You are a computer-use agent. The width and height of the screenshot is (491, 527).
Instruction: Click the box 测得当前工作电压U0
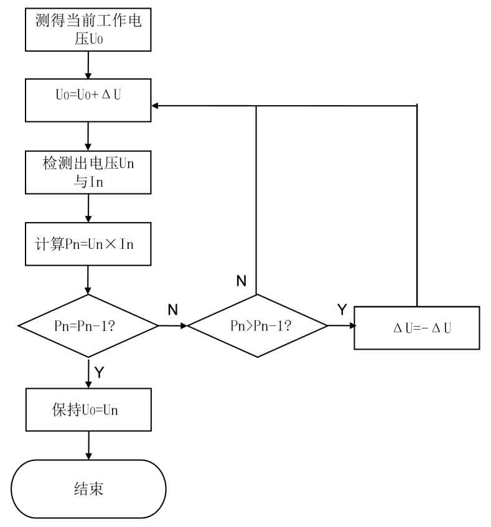tap(88, 29)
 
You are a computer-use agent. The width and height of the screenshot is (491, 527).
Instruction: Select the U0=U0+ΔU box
tap(88, 100)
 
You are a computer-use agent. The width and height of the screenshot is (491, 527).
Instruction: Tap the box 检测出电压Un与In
tap(88, 171)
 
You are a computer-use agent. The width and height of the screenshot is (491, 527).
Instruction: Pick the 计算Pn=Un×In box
tap(88, 243)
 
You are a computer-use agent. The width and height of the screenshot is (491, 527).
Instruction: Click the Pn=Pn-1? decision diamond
tap(88, 325)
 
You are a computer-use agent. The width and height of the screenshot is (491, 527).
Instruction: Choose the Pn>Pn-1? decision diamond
tap(257, 325)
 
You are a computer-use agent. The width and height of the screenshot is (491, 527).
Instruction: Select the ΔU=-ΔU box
tap(416, 327)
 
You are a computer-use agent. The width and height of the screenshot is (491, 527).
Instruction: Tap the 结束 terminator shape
tap(88, 488)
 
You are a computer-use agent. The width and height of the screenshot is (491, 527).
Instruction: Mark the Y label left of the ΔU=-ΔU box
tap(341, 309)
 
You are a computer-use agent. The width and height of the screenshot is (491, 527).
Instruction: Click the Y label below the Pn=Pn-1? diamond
tap(99, 372)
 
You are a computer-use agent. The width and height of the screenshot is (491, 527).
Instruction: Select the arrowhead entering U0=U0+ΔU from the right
tap(156, 106)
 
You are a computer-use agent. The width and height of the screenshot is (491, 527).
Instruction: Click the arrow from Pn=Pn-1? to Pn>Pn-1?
tap(173, 325)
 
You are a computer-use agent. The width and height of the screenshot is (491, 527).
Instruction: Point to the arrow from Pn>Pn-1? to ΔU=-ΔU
tap(341, 325)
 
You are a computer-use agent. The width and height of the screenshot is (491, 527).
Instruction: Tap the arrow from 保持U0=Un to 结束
tap(88, 445)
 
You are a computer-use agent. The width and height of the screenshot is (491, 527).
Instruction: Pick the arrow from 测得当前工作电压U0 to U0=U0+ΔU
tap(88, 65)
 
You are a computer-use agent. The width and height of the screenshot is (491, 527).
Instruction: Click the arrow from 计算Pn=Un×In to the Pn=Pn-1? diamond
tap(88, 280)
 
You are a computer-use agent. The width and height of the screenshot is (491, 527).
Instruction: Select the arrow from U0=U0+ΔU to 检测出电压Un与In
tap(88, 135)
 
